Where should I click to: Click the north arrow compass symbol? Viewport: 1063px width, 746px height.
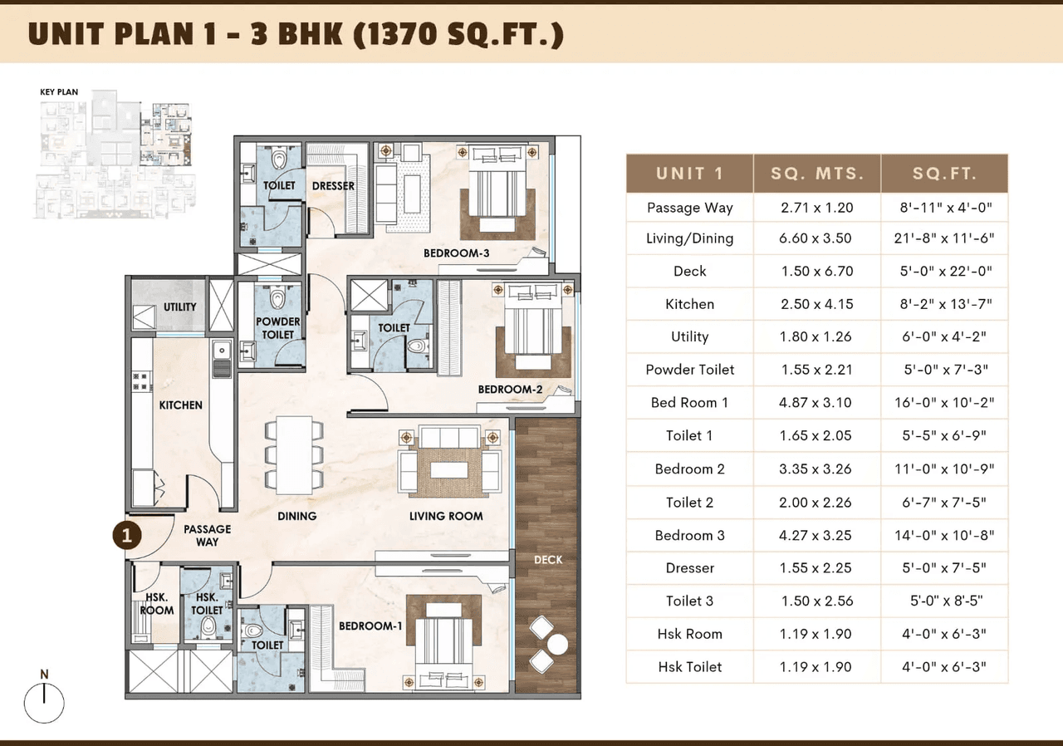click(x=44, y=701)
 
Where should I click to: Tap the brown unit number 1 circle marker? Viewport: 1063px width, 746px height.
click(x=126, y=536)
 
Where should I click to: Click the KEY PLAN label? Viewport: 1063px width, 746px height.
click(x=59, y=92)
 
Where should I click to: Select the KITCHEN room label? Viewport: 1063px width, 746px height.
click(x=180, y=405)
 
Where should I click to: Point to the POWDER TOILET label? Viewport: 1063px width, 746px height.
click(x=278, y=328)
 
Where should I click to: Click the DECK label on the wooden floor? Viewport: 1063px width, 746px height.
click(x=548, y=560)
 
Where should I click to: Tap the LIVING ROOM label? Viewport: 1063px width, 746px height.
click(x=446, y=516)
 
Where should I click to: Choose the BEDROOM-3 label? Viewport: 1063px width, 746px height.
click(x=456, y=253)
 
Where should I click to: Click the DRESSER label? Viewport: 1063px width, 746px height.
click(x=333, y=186)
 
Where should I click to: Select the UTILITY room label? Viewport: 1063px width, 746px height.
click(x=179, y=307)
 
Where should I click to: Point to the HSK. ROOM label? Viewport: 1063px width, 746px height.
click(x=157, y=604)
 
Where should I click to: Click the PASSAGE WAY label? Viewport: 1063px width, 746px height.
click(x=207, y=535)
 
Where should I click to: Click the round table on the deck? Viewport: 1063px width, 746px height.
click(x=557, y=644)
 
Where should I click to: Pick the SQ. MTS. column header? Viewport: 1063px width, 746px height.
click(x=816, y=174)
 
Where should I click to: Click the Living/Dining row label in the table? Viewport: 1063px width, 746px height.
click(x=689, y=238)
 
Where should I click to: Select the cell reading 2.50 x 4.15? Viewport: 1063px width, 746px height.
click(x=816, y=304)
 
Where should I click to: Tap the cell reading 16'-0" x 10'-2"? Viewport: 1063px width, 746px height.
click(x=943, y=403)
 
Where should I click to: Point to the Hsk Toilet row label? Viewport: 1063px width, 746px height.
click(x=689, y=667)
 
